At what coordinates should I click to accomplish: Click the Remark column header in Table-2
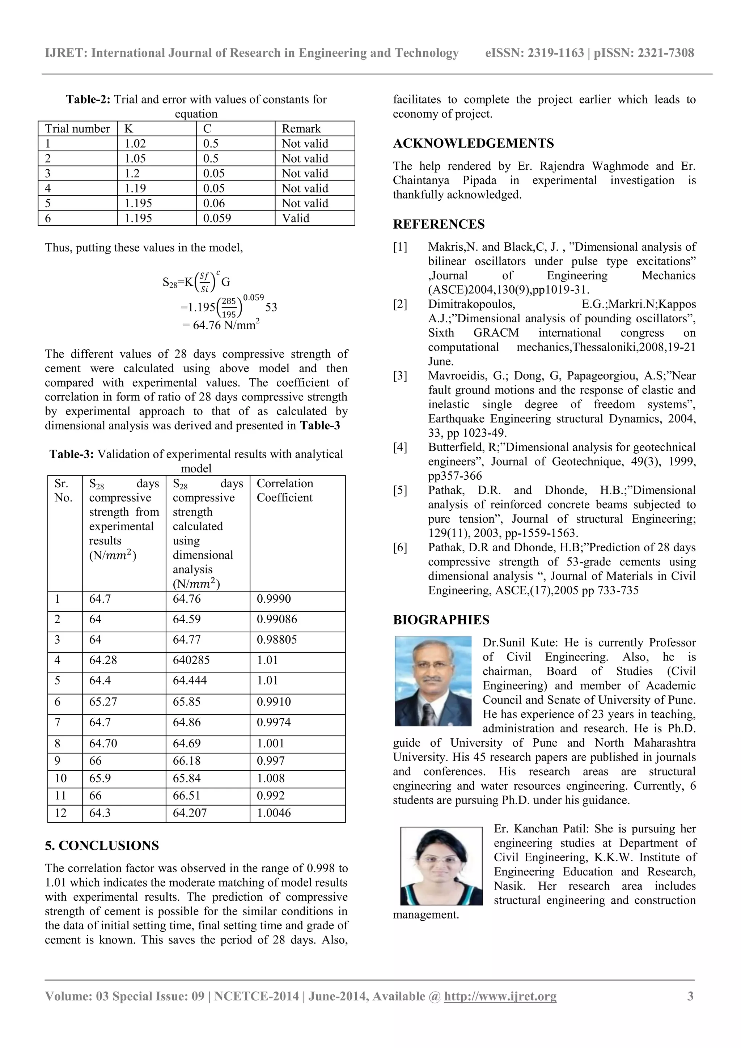(x=301, y=129)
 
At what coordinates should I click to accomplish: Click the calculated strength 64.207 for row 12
(x=190, y=813)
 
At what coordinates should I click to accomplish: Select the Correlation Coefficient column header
(x=284, y=490)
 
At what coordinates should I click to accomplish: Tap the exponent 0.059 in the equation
(x=253, y=298)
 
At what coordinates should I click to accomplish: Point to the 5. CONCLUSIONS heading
(x=102, y=845)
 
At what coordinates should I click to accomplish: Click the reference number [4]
(x=400, y=447)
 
